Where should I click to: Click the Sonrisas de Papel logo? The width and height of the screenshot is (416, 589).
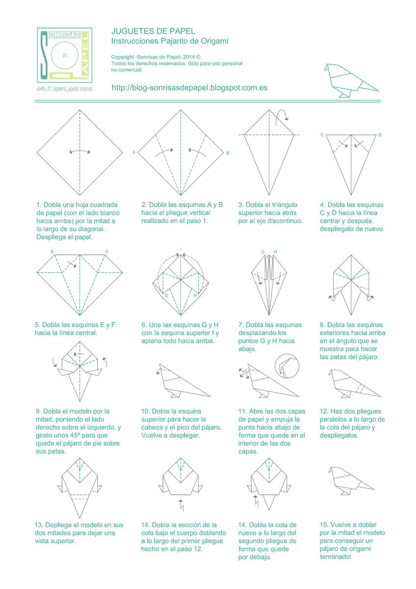click(x=64, y=54)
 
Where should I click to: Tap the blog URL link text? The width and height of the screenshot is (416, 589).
click(x=189, y=88)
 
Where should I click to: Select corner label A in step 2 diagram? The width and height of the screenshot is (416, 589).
click(x=133, y=153)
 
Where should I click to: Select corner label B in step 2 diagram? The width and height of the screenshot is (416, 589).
click(x=228, y=153)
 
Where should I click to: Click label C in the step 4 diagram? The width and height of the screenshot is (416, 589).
click(x=322, y=134)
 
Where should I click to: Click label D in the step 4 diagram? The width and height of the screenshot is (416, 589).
click(x=380, y=134)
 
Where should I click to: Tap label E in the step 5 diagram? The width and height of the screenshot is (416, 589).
click(x=52, y=252)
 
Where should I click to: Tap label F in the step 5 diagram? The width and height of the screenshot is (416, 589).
click(x=106, y=252)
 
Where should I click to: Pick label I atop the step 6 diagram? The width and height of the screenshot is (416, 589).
click(x=181, y=249)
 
